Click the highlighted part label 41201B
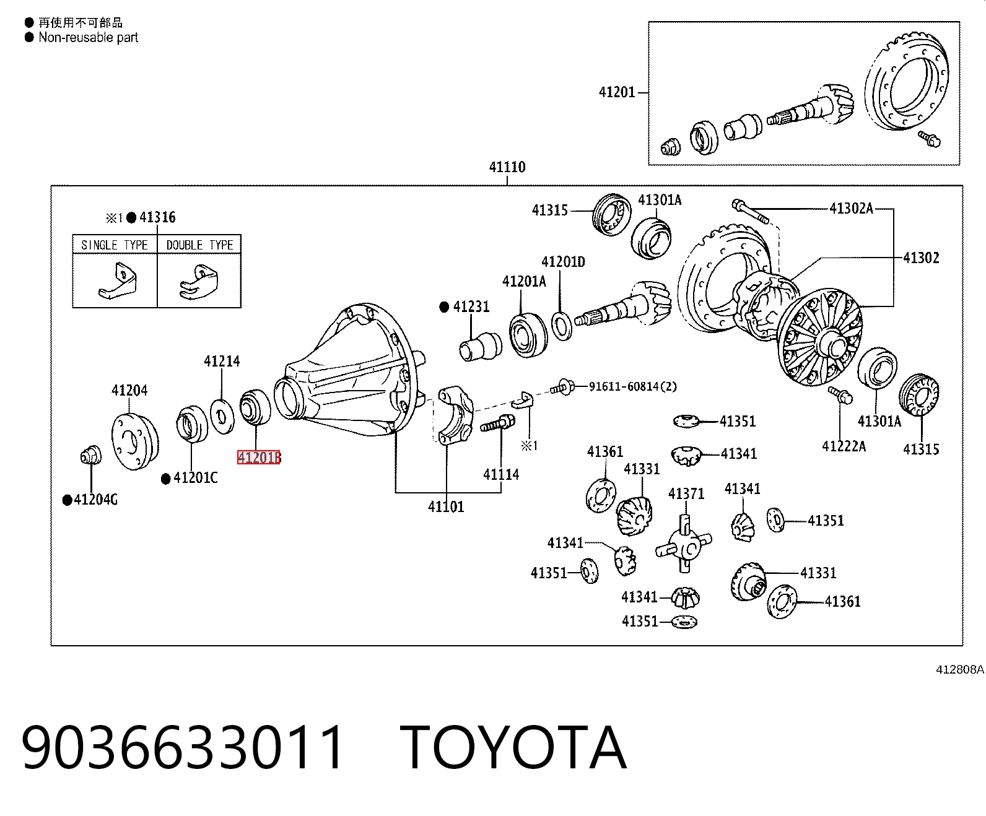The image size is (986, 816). [259, 457]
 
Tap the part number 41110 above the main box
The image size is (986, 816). [507, 167]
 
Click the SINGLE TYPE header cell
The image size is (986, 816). [115, 245]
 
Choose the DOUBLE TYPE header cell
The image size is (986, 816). [199, 245]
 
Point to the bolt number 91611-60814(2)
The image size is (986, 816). [633, 386]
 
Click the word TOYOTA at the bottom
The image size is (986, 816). [513, 748]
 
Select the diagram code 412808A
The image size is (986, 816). [959, 669]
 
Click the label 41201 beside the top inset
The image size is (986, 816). [617, 92]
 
